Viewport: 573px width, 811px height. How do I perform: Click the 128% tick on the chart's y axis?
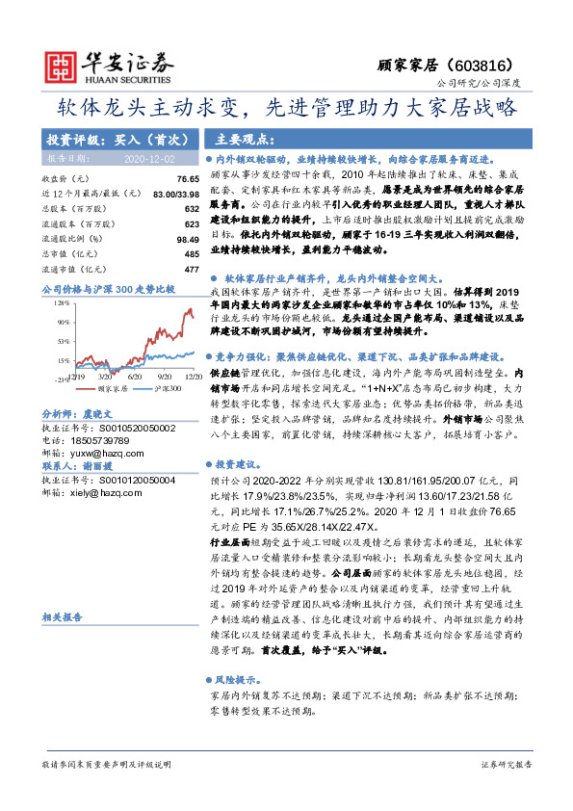tap(61, 302)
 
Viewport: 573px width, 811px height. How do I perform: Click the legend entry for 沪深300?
tap(163, 390)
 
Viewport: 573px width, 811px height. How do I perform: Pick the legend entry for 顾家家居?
tap(108, 390)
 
